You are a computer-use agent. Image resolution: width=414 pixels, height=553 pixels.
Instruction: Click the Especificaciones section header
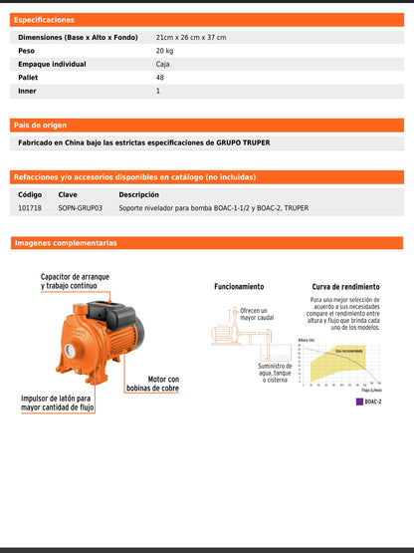44,20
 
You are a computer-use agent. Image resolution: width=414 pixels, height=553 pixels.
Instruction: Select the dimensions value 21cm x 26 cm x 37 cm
191,37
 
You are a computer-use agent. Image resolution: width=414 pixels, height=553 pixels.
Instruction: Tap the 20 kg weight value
164,50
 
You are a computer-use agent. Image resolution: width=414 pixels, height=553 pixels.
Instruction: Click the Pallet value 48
160,77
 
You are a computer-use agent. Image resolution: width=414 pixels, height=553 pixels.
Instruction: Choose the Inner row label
27,91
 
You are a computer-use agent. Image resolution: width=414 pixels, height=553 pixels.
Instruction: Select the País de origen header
41,126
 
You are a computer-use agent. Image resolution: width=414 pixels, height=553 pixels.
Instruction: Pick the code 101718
30,208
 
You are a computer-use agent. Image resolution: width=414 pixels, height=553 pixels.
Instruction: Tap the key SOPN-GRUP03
81,208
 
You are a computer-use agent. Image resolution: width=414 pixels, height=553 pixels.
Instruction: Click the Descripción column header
138,194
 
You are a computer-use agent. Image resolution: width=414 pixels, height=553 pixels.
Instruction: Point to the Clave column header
68,194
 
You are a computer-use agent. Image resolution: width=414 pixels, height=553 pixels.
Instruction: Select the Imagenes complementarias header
66,243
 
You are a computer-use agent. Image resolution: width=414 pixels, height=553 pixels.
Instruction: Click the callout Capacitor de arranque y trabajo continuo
75,281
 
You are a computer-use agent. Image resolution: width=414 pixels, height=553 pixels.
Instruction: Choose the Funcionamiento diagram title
239,286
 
